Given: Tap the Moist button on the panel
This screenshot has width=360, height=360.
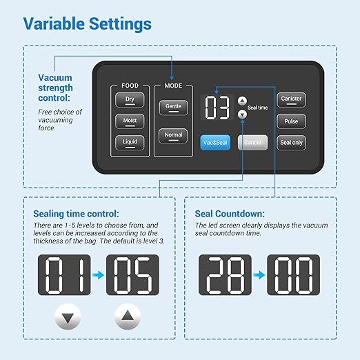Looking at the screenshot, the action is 130,121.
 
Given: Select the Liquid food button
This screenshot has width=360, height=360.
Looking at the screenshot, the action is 130,143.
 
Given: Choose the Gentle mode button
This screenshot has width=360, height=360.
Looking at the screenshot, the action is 173,108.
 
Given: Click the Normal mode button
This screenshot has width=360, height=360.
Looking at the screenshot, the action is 173,136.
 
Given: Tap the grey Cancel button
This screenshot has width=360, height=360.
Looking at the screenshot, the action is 252,143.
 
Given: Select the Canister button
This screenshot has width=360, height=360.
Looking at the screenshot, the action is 291,100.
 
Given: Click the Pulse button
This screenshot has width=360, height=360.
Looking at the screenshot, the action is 291,121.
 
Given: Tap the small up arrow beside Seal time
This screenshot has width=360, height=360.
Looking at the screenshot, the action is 242,101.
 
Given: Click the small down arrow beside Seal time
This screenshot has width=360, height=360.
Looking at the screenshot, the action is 242,114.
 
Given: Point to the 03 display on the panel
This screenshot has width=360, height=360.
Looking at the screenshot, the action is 217,108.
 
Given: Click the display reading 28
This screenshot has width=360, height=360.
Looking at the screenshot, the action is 225,274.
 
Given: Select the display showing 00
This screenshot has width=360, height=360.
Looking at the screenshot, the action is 294,274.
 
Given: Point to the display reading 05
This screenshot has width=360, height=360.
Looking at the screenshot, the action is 132,274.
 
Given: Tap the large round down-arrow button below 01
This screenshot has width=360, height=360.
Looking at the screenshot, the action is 68,317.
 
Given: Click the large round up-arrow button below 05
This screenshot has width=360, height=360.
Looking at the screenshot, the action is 128,317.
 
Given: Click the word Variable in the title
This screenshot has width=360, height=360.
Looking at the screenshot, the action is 54,23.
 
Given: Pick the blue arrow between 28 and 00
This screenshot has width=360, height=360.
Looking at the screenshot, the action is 259,274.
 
